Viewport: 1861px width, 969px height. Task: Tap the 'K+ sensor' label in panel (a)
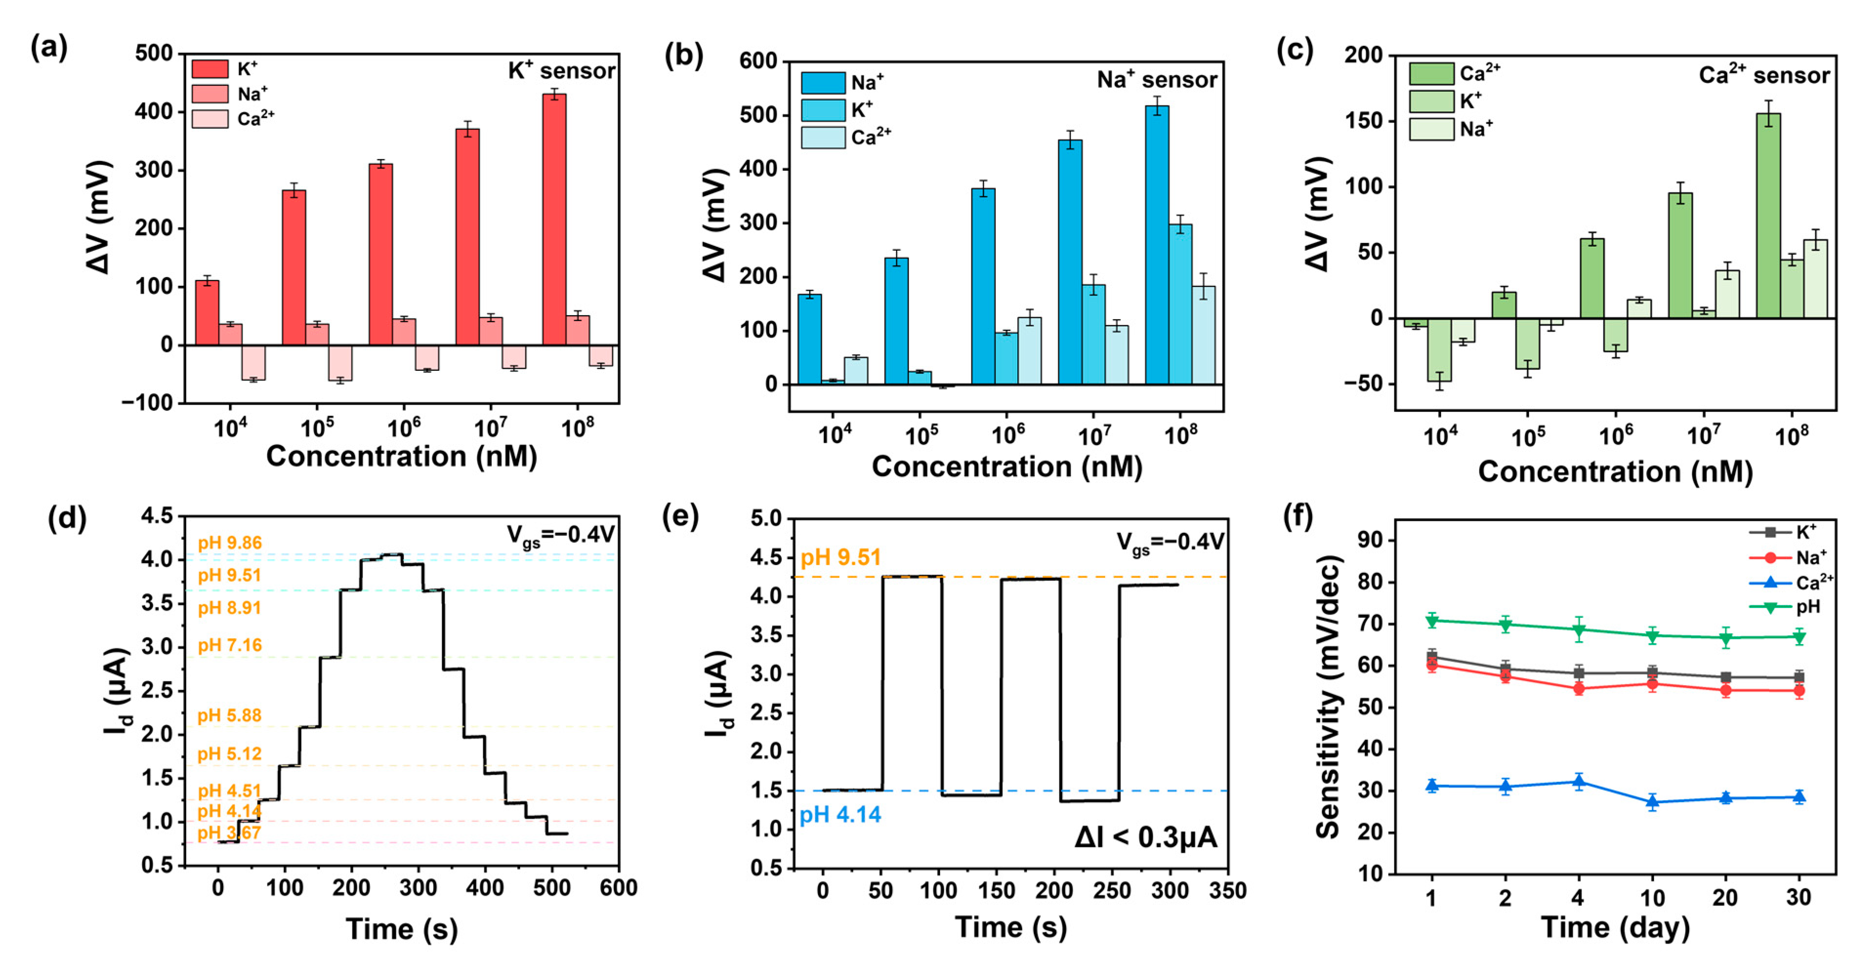(x=562, y=71)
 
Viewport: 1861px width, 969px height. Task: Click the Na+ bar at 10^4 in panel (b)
(x=809, y=340)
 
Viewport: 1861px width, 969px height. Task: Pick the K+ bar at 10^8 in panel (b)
(x=1180, y=303)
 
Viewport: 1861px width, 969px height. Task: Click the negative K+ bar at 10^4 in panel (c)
(x=1439, y=350)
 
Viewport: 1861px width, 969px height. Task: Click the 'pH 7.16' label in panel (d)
(x=230, y=645)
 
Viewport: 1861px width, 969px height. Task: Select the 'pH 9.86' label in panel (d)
(x=230, y=543)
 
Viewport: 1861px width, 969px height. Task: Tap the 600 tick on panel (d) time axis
(x=618, y=888)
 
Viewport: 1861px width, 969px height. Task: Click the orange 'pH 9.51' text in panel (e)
(x=840, y=557)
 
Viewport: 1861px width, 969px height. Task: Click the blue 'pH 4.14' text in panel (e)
(x=840, y=814)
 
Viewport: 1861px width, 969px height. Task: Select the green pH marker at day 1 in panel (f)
(x=1431, y=620)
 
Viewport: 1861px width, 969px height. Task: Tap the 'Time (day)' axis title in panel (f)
(x=1615, y=927)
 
